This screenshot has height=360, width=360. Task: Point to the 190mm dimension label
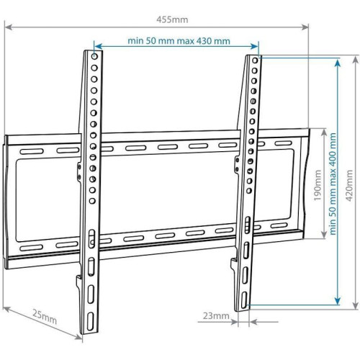(317, 184)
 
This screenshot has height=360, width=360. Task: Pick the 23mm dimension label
(216, 315)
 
